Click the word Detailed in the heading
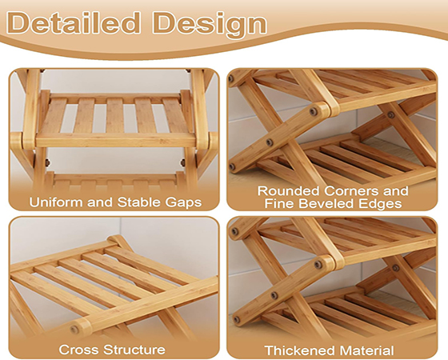(74, 23)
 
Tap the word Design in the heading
(210, 25)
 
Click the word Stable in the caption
(139, 202)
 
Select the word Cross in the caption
(79, 350)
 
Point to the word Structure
(134, 350)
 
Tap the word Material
(365, 350)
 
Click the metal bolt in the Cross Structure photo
(75, 330)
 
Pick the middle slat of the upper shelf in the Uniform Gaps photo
(115, 115)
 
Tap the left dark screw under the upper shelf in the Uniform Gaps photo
(47, 163)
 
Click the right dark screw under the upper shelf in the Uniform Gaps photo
(183, 163)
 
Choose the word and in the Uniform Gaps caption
(100, 202)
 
